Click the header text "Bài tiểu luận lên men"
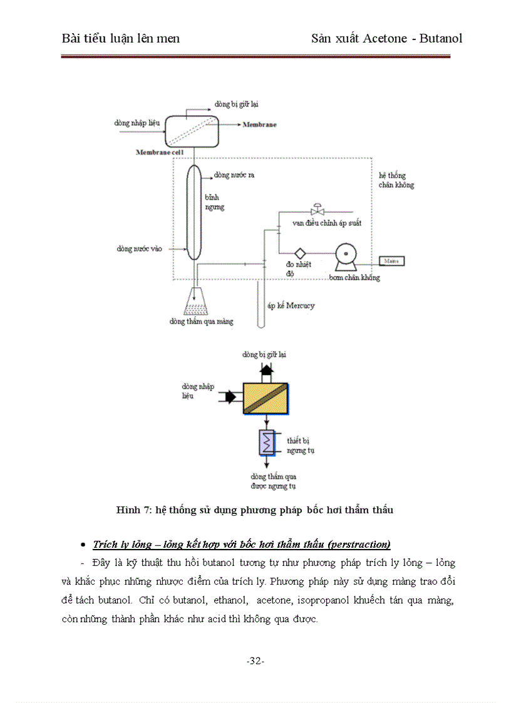pyautogui.click(x=121, y=38)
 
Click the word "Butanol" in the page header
pyautogui.click(x=441, y=38)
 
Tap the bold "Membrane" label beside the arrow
pyautogui.click(x=259, y=125)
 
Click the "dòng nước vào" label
pyautogui.click(x=139, y=249)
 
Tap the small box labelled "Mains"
pyautogui.click(x=391, y=260)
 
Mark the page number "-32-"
pyautogui.click(x=255, y=662)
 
